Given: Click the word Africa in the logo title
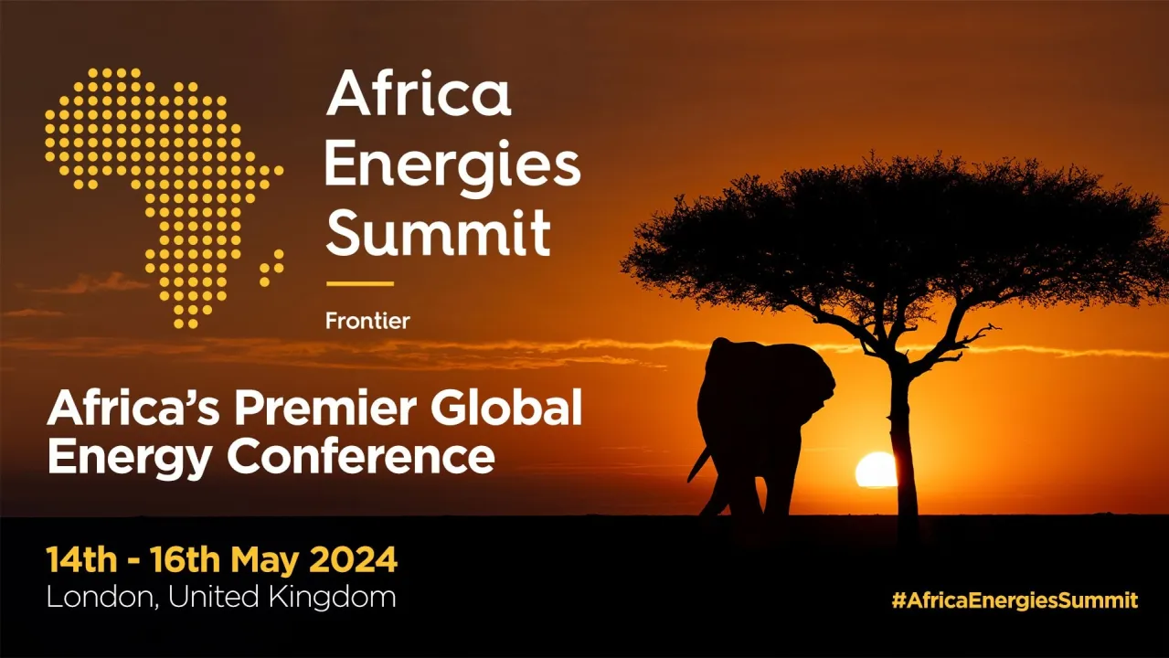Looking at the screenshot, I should tap(418, 94).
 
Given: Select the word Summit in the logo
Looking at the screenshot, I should tap(439, 233).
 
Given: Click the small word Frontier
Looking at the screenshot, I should tap(367, 321).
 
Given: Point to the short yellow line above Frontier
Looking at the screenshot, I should tap(359, 283).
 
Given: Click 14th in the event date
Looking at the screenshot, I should tap(76, 559).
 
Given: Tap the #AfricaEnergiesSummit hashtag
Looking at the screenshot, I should tap(1015, 600).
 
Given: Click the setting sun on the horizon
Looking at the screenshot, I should tap(876, 470).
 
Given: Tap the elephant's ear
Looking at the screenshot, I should tap(809, 384).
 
